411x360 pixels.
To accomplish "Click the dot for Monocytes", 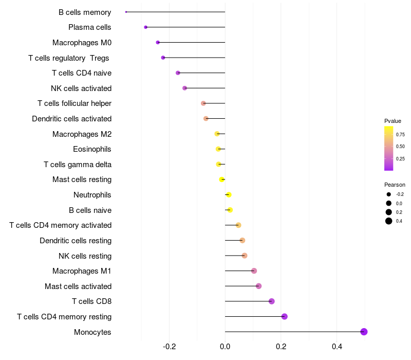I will click(364, 332).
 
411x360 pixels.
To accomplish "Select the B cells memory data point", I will click(126, 12).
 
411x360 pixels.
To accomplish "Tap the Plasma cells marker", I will click(146, 27).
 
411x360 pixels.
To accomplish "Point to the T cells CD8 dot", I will click(272, 301).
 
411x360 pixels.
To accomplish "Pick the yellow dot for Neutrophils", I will click(229, 195).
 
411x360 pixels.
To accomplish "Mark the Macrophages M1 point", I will click(254, 271).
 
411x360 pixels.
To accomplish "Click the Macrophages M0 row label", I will click(82, 43).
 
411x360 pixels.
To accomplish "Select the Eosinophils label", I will click(92, 149).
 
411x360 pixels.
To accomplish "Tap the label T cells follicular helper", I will click(74, 103).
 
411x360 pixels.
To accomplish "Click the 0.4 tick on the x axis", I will click(337, 347).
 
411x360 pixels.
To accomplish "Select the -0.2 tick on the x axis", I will click(170, 347).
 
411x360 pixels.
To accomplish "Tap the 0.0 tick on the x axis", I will click(225, 347).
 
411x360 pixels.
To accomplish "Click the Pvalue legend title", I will click(393, 121).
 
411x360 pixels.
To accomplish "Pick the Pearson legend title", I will click(395, 185).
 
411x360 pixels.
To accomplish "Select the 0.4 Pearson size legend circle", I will click(389, 221).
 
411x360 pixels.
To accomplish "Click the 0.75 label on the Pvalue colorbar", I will click(400, 135).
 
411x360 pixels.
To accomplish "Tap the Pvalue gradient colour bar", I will click(389, 148).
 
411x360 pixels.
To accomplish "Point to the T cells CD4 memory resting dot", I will click(284, 317).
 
